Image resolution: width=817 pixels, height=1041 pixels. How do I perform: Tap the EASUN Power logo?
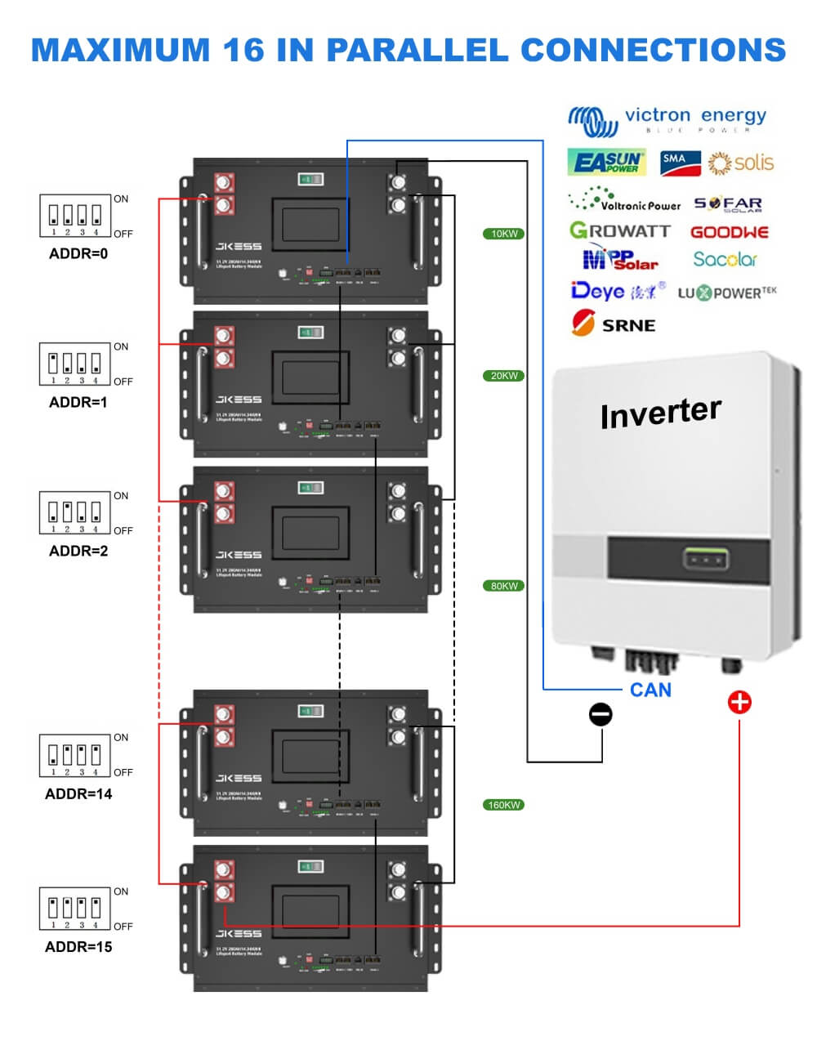[x=606, y=163]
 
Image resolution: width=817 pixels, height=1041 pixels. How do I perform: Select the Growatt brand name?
[x=620, y=231]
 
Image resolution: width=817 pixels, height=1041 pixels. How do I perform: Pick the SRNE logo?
[x=614, y=324]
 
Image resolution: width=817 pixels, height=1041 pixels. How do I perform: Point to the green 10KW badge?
[x=503, y=234]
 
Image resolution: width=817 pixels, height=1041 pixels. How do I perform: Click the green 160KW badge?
[x=503, y=805]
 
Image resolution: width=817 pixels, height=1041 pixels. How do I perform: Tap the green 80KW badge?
[x=503, y=586]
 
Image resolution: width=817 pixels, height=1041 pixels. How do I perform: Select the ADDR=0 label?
[x=78, y=254]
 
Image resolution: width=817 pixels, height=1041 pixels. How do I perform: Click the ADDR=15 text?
[x=78, y=947]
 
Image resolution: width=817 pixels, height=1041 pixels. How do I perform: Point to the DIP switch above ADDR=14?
[x=75, y=754]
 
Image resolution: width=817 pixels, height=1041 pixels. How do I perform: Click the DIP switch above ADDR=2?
[x=75, y=512]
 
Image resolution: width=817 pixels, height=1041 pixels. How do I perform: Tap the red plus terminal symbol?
[x=739, y=702]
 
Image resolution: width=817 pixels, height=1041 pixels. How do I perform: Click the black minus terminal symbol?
[x=600, y=714]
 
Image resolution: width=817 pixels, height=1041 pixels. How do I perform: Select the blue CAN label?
[x=650, y=690]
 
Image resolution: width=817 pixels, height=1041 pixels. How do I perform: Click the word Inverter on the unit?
[x=660, y=413]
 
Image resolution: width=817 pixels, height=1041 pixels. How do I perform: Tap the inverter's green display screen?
[x=705, y=561]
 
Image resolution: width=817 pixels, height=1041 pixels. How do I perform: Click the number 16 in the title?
[x=243, y=50]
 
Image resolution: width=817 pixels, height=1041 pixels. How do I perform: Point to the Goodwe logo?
[x=730, y=232]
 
